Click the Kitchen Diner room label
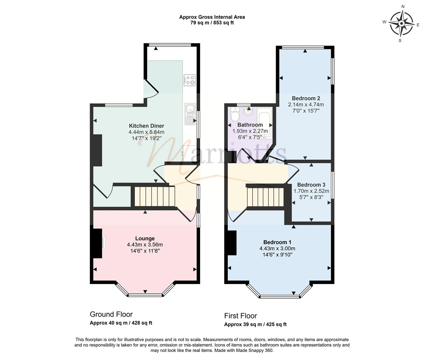pos(147,126)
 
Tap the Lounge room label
pos(145,238)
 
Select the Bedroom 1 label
pos(277,242)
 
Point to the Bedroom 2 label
pos(306,98)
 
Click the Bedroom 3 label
pos(311,185)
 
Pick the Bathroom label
pos(250,125)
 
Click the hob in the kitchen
pos(190,80)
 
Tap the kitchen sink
pos(190,114)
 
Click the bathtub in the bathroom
pos(264,123)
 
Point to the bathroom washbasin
pos(248,112)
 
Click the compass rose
pos(401,24)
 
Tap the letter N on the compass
pos(403,7)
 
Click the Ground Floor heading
pos(111,314)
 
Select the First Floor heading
pos(240,316)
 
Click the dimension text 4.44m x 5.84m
pos(147,132)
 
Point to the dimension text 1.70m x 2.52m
pos(311,191)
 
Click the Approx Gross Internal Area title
pos(212,17)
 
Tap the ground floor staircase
pos(155,196)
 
